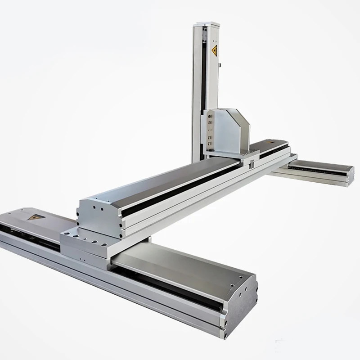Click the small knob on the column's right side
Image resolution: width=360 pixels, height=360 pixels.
220,67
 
